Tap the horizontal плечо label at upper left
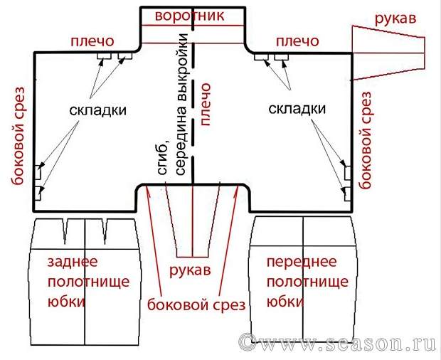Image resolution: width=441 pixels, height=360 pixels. (x=90, y=42)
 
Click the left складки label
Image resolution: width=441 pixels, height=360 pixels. (x=99, y=110)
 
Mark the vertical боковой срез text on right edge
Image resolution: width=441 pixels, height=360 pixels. (x=367, y=139)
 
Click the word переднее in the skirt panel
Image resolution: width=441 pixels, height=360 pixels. (x=298, y=263)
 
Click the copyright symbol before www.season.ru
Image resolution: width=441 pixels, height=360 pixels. (x=247, y=342)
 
